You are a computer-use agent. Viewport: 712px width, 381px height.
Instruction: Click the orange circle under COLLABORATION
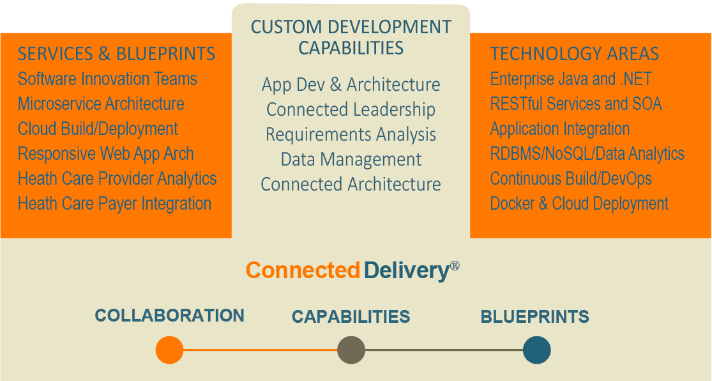[169, 350]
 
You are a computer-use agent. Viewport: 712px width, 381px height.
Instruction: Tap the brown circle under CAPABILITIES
[351, 350]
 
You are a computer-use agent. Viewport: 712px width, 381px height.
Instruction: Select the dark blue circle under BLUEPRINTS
[537, 350]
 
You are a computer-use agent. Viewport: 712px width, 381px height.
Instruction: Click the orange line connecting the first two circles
[260, 350]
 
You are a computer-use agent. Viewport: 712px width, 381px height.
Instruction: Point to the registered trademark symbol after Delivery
[455, 265]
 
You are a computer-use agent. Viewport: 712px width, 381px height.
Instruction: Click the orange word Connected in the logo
[303, 270]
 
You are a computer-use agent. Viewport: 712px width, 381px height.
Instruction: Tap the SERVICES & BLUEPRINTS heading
[116, 54]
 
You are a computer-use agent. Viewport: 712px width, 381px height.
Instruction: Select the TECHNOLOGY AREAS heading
[575, 54]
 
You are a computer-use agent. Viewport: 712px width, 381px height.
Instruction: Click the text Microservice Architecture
[101, 104]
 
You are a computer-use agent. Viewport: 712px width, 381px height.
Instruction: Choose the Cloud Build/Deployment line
[98, 129]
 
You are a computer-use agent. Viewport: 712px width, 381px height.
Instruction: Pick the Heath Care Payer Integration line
[114, 204]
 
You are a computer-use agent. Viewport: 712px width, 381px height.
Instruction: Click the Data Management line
[351, 160]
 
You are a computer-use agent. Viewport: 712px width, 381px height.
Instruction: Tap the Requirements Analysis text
[351, 135]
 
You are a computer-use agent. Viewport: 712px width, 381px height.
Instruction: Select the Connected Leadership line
[351, 109]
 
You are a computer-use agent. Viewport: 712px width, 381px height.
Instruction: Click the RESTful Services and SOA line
[576, 104]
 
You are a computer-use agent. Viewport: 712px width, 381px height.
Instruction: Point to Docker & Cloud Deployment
[579, 204]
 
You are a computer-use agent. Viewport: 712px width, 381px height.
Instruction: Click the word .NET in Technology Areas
[636, 79]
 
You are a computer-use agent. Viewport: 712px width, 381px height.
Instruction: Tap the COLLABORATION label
[169, 316]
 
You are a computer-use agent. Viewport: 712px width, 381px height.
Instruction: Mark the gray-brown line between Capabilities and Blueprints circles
[444, 350]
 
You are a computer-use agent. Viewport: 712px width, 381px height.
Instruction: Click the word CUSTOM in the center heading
[285, 27]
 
